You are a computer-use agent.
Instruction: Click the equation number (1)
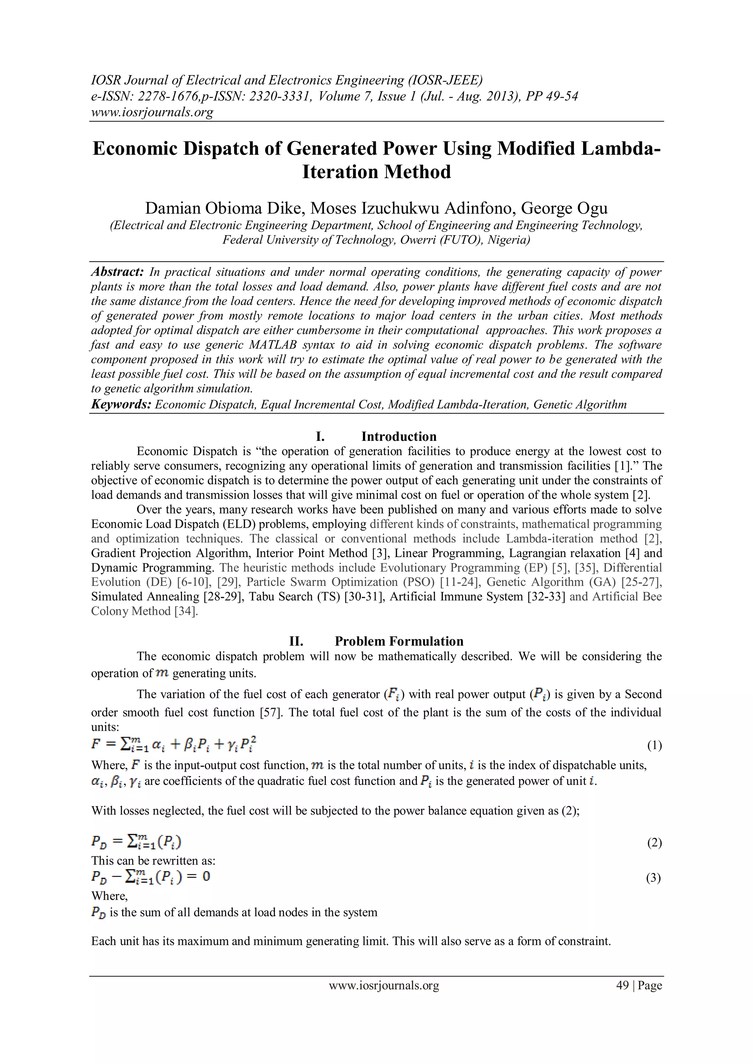(654, 745)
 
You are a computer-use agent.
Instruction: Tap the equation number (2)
(654, 843)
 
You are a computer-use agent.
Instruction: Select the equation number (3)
(653, 878)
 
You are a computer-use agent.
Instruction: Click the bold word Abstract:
(118, 272)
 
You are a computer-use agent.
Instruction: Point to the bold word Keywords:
(121, 405)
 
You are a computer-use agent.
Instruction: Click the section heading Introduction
(399, 436)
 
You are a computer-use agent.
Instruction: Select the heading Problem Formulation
(399, 641)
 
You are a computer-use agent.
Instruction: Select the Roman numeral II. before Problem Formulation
(296, 641)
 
